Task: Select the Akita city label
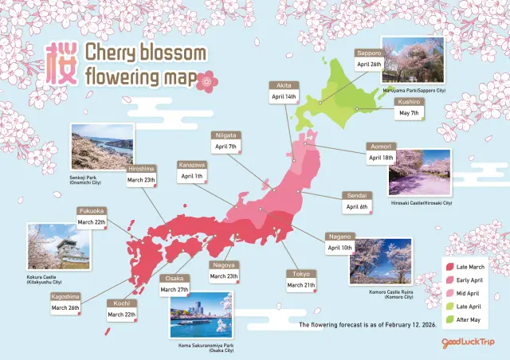[x=284, y=84]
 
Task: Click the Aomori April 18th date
[x=382, y=158]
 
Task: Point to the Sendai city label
[x=356, y=194]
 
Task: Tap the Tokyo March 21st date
[x=301, y=285]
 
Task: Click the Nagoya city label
[x=222, y=265]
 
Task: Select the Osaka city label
[x=173, y=279]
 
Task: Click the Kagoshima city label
[x=67, y=296]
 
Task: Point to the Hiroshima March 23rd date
[x=142, y=180]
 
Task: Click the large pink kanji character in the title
[x=61, y=64]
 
